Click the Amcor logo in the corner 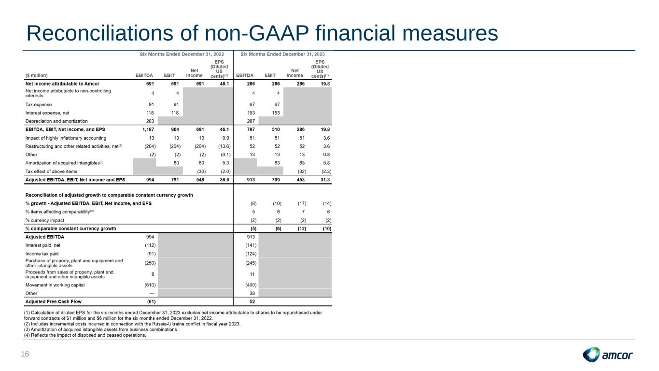pyautogui.click(x=607, y=355)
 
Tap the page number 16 pyautogui.click(x=25, y=354)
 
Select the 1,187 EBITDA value pyautogui.click(x=148, y=129)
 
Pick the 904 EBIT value pyautogui.click(x=175, y=129)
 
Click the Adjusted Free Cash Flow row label pyautogui.click(x=53, y=301)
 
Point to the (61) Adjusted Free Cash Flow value pyautogui.click(x=151, y=301)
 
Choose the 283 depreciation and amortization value pyautogui.click(x=150, y=121)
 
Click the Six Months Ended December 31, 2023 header pyautogui.click(x=282, y=54)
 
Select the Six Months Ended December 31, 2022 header pyautogui.click(x=182, y=54)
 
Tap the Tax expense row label pyautogui.click(x=39, y=104)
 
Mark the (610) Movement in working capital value pyautogui.click(x=150, y=285)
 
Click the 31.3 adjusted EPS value pyautogui.click(x=325, y=180)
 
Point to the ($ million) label pyautogui.click(x=37, y=75)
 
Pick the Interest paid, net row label pyautogui.click(x=43, y=245)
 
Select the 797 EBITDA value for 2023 pyautogui.click(x=251, y=129)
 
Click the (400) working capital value pyautogui.click(x=251, y=285)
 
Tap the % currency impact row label pyautogui.click(x=45, y=220)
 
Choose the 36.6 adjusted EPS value pyautogui.click(x=224, y=180)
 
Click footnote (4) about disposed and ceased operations pyautogui.click(x=85, y=335)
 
